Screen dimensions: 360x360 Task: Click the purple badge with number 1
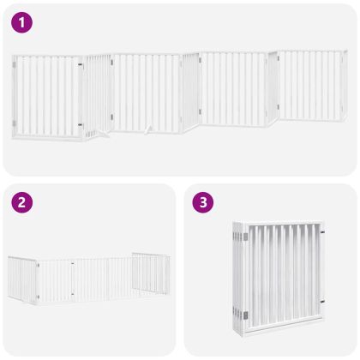pyautogui.click(x=21, y=22)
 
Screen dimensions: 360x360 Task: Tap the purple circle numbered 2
pyautogui.click(x=21, y=202)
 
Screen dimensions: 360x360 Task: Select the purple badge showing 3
pyautogui.click(x=203, y=202)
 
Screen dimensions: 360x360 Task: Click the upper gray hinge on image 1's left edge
pyautogui.click(x=14, y=65)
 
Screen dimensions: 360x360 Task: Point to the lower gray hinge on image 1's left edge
pyautogui.click(x=14, y=123)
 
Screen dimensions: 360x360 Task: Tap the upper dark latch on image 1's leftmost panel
pyautogui.click(x=81, y=65)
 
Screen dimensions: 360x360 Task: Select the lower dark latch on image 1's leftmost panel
pyautogui.click(x=81, y=125)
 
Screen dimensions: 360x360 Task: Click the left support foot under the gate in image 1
pyautogui.click(x=102, y=134)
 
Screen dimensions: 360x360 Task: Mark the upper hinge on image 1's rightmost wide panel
pyautogui.click(x=278, y=58)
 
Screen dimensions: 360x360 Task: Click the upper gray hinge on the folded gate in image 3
pyautogui.click(x=245, y=237)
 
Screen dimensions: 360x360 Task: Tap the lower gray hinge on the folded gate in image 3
pyautogui.click(x=245, y=315)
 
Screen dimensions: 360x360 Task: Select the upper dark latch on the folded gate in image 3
pyautogui.click(x=322, y=231)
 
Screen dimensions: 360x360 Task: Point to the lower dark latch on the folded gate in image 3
pyautogui.click(x=322, y=302)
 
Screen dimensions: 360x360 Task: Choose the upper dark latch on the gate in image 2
pyautogui.click(x=73, y=263)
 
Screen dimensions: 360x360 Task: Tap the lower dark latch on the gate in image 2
pyautogui.click(x=73, y=294)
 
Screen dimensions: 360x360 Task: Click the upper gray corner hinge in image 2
pyautogui.click(x=38, y=266)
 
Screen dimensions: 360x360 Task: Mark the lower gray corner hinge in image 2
pyautogui.click(x=38, y=297)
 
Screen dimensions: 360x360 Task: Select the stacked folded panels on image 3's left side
pyautogui.click(x=238, y=279)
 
